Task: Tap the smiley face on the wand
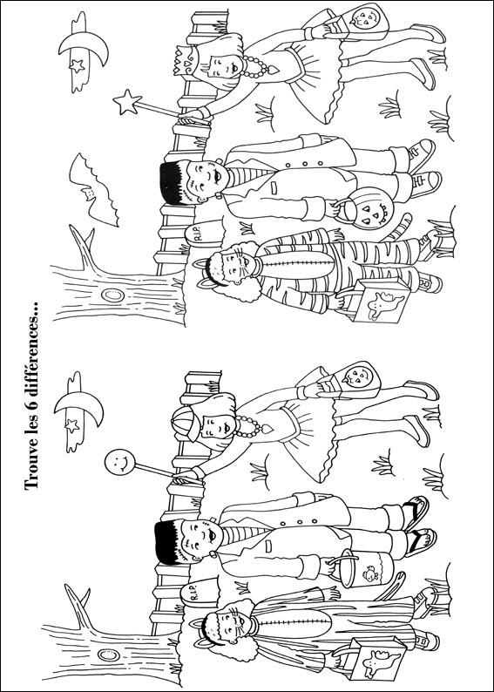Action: tap(119, 462)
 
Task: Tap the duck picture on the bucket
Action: tap(369, 573)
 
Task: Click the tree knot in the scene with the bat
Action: tap(112, 295)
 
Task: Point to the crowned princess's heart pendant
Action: tap(273, 70)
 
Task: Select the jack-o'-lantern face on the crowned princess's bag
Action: tap(366, 20)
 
